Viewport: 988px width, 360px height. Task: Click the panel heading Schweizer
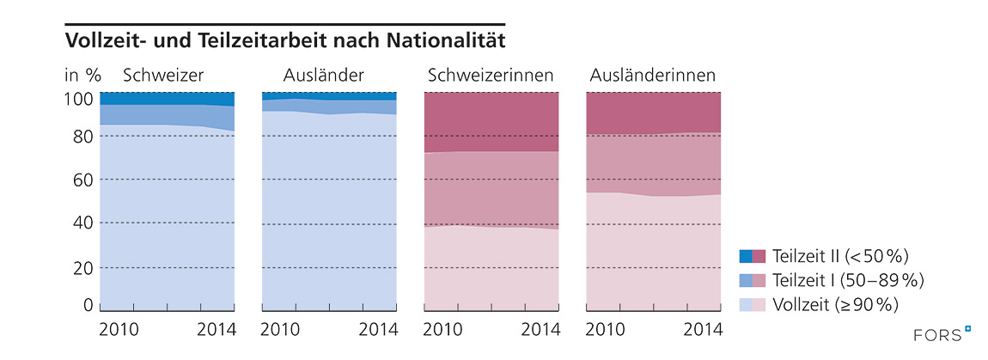coord(163,76)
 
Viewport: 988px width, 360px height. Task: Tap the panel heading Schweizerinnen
coord(491,76)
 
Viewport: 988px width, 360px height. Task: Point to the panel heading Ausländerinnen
coord(653,76)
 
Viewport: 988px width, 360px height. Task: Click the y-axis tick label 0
coord(88,304)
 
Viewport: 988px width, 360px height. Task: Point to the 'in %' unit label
coord(83,76)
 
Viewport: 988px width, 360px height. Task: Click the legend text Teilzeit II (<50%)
coord(840,255)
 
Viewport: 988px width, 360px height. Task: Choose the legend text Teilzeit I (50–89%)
coord(848,279)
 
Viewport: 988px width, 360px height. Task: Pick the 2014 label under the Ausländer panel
coord(378,328)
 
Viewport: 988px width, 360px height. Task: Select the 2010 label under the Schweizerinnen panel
coord(443,328)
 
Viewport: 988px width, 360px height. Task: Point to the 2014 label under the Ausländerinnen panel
coord(702,328)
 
